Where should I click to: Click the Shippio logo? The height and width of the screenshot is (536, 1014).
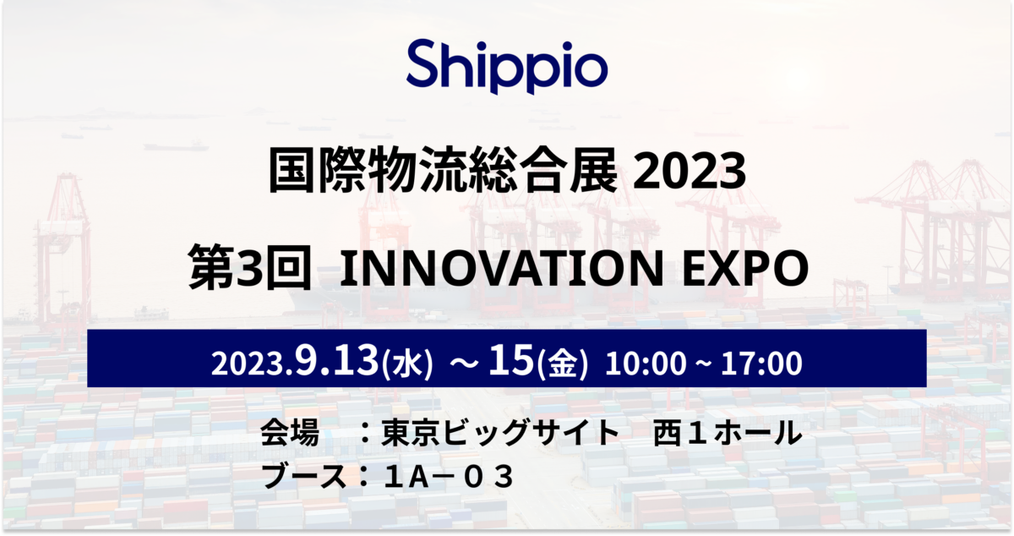(506, 67)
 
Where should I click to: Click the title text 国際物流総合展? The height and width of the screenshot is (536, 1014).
(443, 171)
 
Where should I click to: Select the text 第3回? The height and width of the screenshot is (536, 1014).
(250, 267)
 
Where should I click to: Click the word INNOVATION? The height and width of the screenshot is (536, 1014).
(502, 268)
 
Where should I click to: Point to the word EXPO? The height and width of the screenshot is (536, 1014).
(745, 268)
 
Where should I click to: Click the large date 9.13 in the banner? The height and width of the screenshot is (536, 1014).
(336, 360)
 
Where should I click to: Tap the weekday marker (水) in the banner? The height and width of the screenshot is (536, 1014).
(407, 364)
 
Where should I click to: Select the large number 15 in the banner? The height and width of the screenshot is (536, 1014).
(511, 360)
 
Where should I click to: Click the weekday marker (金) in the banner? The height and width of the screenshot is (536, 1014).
(562, 364)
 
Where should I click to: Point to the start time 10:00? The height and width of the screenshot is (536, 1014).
(646, 364)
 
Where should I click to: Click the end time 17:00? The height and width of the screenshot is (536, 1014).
(761, 364)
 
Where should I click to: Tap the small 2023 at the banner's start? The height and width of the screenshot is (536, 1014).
(247, 364)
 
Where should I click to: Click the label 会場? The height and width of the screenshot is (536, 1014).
(290, 433)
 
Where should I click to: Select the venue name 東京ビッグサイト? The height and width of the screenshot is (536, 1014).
(500, 433)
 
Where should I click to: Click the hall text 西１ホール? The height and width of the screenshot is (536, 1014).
(728, 433)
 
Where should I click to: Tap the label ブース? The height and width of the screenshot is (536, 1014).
(303, 476)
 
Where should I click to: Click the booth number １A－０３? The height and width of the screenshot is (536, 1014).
(449, 477)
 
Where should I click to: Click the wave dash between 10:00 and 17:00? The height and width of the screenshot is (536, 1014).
(703, 364)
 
